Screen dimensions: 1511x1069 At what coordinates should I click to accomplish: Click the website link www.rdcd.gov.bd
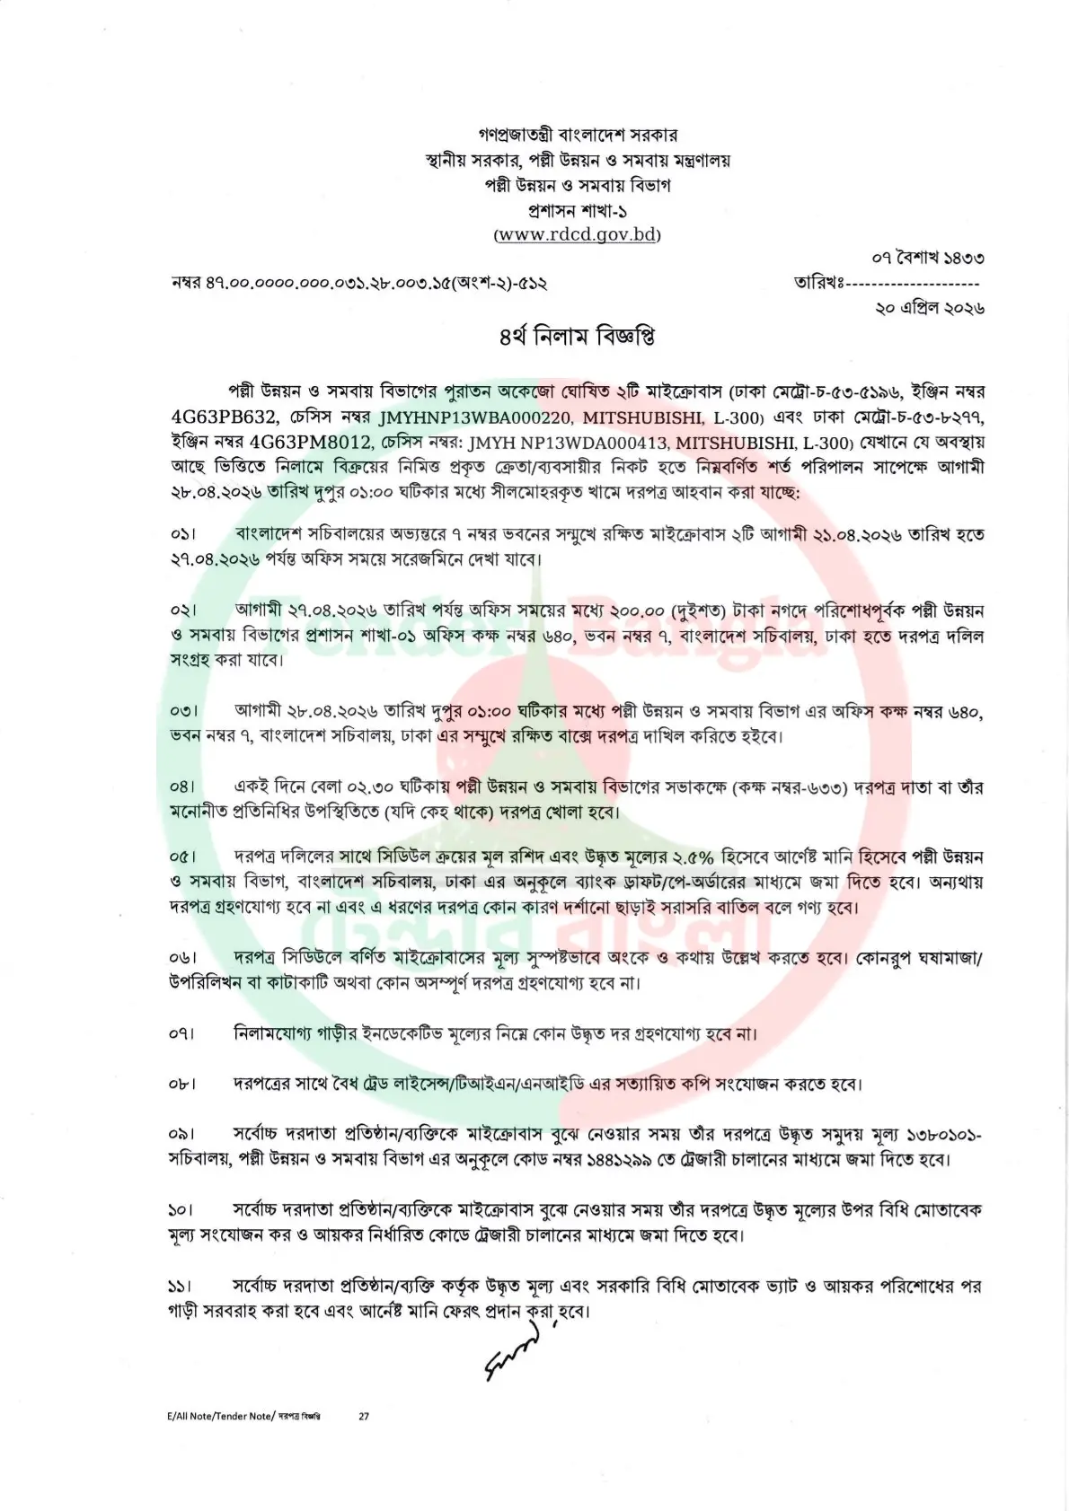[577, 235]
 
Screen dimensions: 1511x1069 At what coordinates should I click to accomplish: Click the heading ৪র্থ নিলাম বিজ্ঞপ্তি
[578, 338]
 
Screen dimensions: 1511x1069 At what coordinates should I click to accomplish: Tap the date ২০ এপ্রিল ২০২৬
[929, 307]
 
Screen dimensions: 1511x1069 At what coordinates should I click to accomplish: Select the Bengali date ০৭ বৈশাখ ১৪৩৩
[927, 259]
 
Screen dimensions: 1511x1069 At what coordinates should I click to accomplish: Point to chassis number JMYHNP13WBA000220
[475, 417]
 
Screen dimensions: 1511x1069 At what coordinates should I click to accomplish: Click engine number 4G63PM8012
[311, 443]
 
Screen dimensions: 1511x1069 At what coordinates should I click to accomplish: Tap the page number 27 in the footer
[364, 1416]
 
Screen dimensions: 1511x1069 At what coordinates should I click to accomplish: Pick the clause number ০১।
[182, 535]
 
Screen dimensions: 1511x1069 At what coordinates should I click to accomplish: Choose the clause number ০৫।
[182, 857]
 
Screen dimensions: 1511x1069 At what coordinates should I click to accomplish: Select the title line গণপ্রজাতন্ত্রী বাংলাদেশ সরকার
[578, 136]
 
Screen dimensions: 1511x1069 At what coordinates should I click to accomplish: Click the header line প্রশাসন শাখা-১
[578, 211]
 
